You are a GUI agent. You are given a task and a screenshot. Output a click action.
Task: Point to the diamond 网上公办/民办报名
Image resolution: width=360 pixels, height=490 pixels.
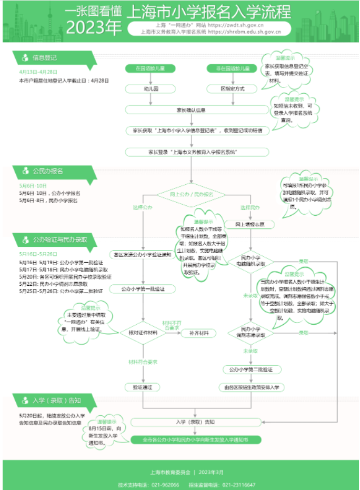tap(192, 194)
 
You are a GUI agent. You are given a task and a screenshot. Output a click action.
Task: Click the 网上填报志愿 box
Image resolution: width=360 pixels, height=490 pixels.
tap(251, 224)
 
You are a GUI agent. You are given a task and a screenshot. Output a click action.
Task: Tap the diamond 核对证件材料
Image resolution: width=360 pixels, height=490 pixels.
tap(143, 333)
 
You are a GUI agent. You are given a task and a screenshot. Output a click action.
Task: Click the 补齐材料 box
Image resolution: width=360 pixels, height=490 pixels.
tap(191, 333)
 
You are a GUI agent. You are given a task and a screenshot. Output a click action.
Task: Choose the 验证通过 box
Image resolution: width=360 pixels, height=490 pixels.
tap(143, 387)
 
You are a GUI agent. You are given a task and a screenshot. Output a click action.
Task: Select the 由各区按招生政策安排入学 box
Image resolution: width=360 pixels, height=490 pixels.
tap(251, 387)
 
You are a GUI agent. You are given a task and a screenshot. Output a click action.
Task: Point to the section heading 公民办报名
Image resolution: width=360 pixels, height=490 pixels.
tap(48, 171)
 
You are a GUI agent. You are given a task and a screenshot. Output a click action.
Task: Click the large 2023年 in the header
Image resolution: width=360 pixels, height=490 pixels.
tap(94, 27)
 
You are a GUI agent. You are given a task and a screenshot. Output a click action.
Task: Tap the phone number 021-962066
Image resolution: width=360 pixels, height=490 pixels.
tap(164, 484)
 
